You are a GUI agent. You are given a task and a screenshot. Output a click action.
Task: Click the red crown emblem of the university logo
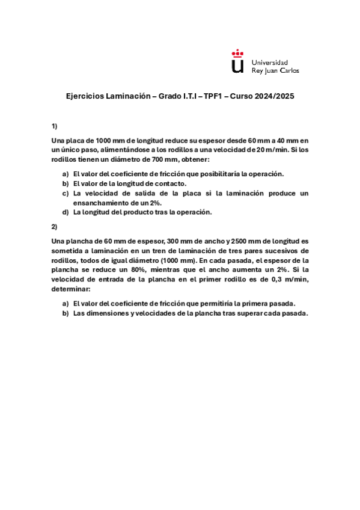(238, 54)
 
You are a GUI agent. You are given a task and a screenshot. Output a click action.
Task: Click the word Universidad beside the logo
(269, 62)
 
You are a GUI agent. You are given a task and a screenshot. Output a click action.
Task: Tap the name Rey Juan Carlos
(275, 70)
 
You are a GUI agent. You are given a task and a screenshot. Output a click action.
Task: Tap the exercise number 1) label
(54, 126)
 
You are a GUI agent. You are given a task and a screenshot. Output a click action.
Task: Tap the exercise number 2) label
(54, 227)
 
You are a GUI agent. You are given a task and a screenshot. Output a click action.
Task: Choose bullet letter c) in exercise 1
(66, 193)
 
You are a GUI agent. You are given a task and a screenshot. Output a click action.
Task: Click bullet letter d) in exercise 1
(66, 212)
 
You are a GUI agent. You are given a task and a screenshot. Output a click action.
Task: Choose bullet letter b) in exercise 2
(66, 313)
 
